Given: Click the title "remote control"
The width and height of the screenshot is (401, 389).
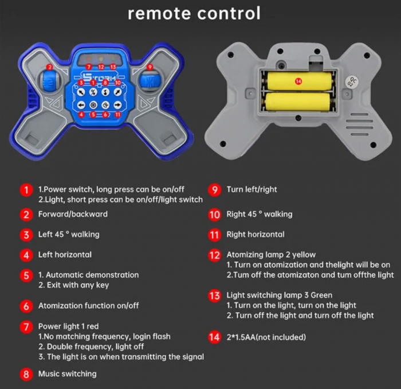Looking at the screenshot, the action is [194, 13].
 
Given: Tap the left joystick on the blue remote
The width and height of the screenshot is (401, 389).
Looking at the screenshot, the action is [50, 81].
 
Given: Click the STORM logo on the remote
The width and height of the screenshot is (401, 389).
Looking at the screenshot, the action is [100, 76].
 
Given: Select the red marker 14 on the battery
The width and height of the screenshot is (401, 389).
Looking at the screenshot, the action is [298, 81].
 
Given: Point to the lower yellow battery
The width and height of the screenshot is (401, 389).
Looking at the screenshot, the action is [298, 102].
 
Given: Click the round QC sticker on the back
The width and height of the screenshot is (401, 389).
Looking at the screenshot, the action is [352, 81].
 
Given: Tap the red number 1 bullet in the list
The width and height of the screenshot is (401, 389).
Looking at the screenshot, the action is [26, 190].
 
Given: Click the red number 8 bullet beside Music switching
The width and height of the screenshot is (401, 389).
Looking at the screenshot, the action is [26, 374].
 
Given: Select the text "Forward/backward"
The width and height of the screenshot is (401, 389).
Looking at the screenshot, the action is [73, 214].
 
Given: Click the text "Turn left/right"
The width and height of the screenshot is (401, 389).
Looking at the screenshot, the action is [251, 189].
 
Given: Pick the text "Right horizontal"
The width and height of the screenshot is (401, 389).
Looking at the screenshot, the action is [255, 234].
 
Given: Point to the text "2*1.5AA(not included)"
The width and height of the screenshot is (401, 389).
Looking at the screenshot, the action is [266, 337].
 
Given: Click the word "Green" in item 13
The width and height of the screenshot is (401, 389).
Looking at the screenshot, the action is [321, 295].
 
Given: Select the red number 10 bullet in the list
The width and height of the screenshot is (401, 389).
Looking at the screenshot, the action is [215, 215].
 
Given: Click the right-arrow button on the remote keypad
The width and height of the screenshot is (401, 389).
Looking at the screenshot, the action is [117, 105].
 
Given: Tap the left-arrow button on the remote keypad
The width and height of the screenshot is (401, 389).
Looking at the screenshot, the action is [81, 105].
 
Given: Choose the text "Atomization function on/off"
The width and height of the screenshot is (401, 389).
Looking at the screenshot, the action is [88, 305].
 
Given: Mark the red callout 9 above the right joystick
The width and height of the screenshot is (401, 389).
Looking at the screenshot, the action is [150, 67].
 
